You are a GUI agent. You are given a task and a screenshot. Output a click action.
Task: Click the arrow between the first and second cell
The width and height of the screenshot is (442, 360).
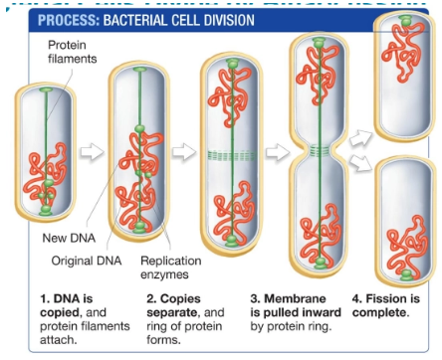click(92, 152)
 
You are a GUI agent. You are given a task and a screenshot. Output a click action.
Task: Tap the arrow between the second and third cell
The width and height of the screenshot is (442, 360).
click(184, 152)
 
